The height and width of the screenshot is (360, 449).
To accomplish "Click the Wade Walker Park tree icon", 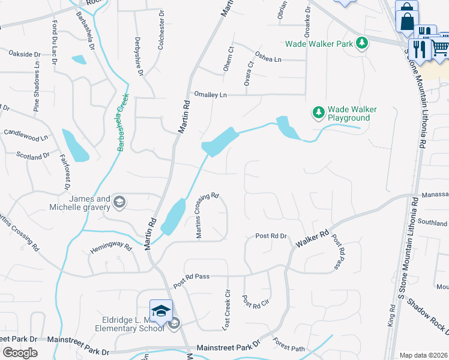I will point(361,43).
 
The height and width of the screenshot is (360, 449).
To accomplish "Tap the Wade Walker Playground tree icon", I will point(318,112).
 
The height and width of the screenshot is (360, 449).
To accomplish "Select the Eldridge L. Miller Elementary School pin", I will point(161,311).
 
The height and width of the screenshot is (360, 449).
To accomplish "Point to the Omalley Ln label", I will point(210,95).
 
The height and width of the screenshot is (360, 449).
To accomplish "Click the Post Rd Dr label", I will point(271,236).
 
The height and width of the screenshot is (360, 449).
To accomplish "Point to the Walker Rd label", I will point(312,239).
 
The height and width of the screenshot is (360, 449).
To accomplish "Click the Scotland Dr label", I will point(32,156).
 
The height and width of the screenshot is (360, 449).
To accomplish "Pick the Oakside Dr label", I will point(24,53).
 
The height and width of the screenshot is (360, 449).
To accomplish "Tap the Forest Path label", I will point(289,344).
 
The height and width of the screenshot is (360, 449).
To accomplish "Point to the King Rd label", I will point(391,316).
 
